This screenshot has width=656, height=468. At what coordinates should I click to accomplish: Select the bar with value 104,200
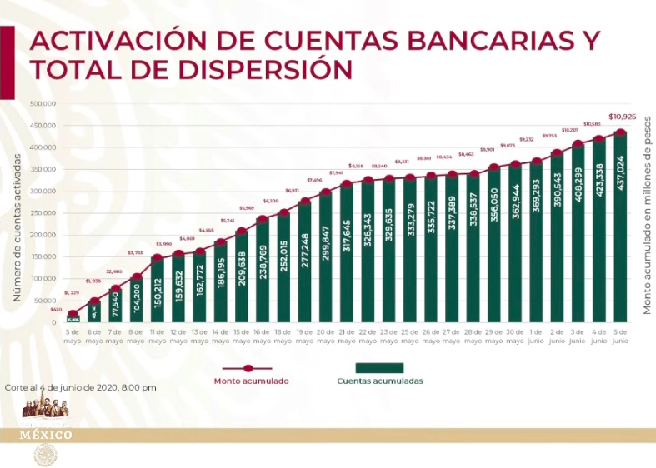pos(136,301)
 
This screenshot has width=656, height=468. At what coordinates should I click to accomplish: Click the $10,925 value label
pos(622,117)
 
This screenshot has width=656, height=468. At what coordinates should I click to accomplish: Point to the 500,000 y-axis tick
pos(42,104)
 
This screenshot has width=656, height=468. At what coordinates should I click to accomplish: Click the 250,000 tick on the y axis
pos(42,213)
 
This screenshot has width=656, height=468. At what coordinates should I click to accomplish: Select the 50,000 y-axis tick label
pos(43,301)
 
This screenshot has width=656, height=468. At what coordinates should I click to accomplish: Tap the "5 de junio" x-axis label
pos(621,336)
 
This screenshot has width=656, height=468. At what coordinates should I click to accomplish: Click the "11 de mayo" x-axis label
pos(157,336)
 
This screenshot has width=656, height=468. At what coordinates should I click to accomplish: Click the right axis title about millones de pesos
pos(646,215)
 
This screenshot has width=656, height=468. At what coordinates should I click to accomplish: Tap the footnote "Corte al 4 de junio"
pos(80,388)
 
